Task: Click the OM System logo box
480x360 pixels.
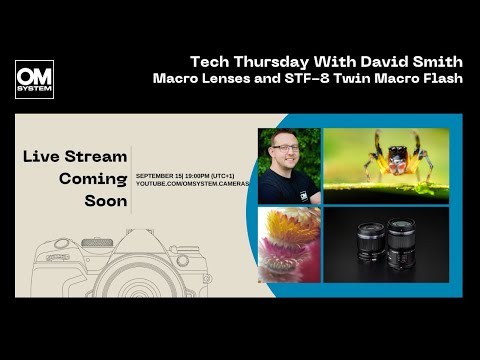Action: [34, 79]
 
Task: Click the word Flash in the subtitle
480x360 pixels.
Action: [441, 78]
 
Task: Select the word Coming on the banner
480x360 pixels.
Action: [93, 179]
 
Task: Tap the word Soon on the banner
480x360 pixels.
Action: [105, 202]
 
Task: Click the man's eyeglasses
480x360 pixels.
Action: [286, 150]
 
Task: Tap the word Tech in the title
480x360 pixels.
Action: [209, 60]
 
